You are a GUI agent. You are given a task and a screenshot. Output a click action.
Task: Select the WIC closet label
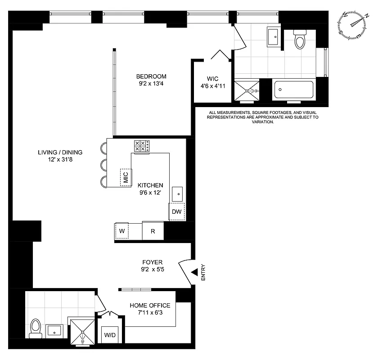[x=213, y=77]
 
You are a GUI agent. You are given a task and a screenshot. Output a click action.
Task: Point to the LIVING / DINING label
[x=60, y=152]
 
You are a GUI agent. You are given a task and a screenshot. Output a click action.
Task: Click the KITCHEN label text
[x=150, y=185]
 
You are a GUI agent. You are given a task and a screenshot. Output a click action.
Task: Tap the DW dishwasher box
[x=177, y=211]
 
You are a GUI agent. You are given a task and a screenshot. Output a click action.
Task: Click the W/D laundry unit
[x=110, y=335]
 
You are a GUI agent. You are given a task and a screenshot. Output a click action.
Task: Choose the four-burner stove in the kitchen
[x=142, y=146]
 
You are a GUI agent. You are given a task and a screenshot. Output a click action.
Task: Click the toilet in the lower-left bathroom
[x=35, y=328]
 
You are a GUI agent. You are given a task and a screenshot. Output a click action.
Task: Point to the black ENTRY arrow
[x=194, y=273]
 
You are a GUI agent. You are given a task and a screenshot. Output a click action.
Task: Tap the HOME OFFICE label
[x=150, y=305]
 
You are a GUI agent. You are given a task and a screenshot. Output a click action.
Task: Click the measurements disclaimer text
[x=262, y=117]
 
